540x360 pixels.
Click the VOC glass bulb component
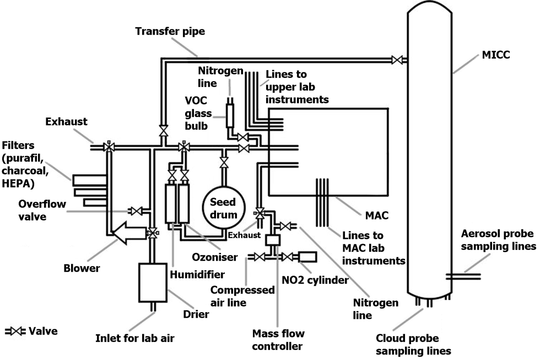click(230, 115)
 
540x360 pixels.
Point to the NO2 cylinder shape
click(307, 257)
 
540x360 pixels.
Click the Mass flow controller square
click(273, 240)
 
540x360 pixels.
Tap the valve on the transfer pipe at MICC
click(397, 60)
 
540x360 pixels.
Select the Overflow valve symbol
click(137, 211)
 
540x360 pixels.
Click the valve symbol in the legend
click(15, 331)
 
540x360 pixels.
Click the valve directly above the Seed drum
click(224, 162)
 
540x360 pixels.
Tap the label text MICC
click(495, 55)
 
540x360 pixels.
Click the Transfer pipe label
click(170, 31)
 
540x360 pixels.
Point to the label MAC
click(376, 216)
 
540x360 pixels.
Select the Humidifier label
click(197, 275)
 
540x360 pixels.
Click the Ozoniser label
click(214, 257)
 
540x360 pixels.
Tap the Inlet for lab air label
click(134, 338)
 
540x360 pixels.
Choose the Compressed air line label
click(242, 296)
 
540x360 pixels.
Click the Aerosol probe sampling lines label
click(498, 240)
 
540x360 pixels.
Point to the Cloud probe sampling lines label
click(413, 345)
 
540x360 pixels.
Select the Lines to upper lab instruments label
click(297, 87)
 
